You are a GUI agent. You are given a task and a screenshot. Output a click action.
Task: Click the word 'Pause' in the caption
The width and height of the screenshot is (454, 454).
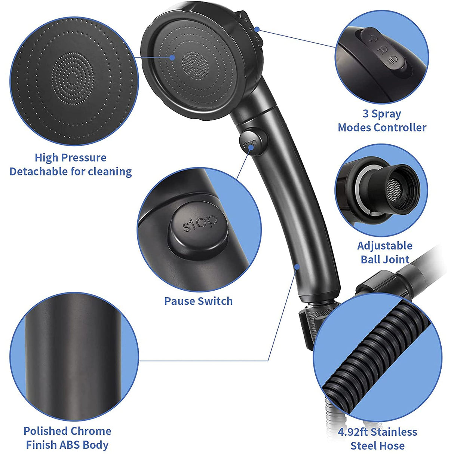click(180, 301)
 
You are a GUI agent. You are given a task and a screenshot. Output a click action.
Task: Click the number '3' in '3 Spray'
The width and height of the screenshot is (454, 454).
click(366, 114)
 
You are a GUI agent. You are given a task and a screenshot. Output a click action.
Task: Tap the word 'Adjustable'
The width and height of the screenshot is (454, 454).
click(385, 246)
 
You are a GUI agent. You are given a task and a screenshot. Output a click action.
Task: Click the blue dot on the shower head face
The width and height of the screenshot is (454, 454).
click(172, 57)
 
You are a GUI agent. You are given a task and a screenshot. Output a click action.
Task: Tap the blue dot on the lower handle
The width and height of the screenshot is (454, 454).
click(297, 267)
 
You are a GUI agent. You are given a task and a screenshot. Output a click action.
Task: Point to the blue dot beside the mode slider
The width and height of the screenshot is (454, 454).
click(257, 29)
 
